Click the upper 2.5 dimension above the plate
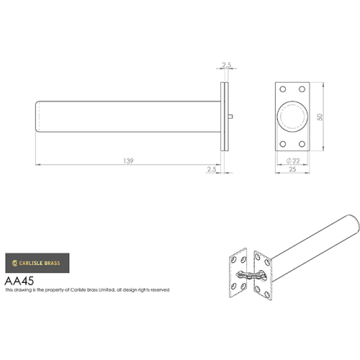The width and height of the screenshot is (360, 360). click(x=227, y=66)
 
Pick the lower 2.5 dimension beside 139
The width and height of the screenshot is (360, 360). click(x=211, y=169)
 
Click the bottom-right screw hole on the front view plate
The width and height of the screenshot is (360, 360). click(x=302, y=144)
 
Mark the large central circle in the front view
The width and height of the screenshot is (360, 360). click(x=293, y=117)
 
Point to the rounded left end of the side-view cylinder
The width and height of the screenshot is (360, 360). click(x=38, y=117)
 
